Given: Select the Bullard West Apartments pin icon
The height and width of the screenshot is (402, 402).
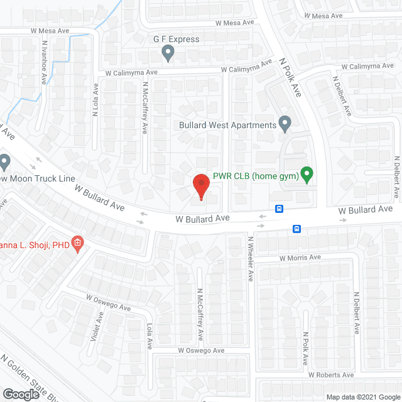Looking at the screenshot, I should (x=285, y=124).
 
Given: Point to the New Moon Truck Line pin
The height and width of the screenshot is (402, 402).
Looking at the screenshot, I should (x=5, y=163).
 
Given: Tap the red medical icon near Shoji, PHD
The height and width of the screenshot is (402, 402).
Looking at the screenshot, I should (x=77, y=243).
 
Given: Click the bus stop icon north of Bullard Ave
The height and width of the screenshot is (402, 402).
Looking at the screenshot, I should (x=279, y=209).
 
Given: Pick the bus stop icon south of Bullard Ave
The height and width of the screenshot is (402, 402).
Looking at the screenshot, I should (x=296, y=229).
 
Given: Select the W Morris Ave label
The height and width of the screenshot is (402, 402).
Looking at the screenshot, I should (x=300, y=258).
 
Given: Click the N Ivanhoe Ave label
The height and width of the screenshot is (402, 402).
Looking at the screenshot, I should (x=45, y=63).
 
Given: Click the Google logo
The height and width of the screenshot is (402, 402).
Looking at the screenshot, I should (x=20, y=394).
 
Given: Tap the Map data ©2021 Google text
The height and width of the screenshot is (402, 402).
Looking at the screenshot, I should (x=362, y=397).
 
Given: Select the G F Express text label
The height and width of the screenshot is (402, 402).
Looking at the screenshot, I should (x=177, y=39).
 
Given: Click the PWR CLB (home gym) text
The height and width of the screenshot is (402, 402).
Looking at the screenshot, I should (x=254, y=176).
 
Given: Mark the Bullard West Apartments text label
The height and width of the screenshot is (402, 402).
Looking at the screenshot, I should (x=227, y=125).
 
